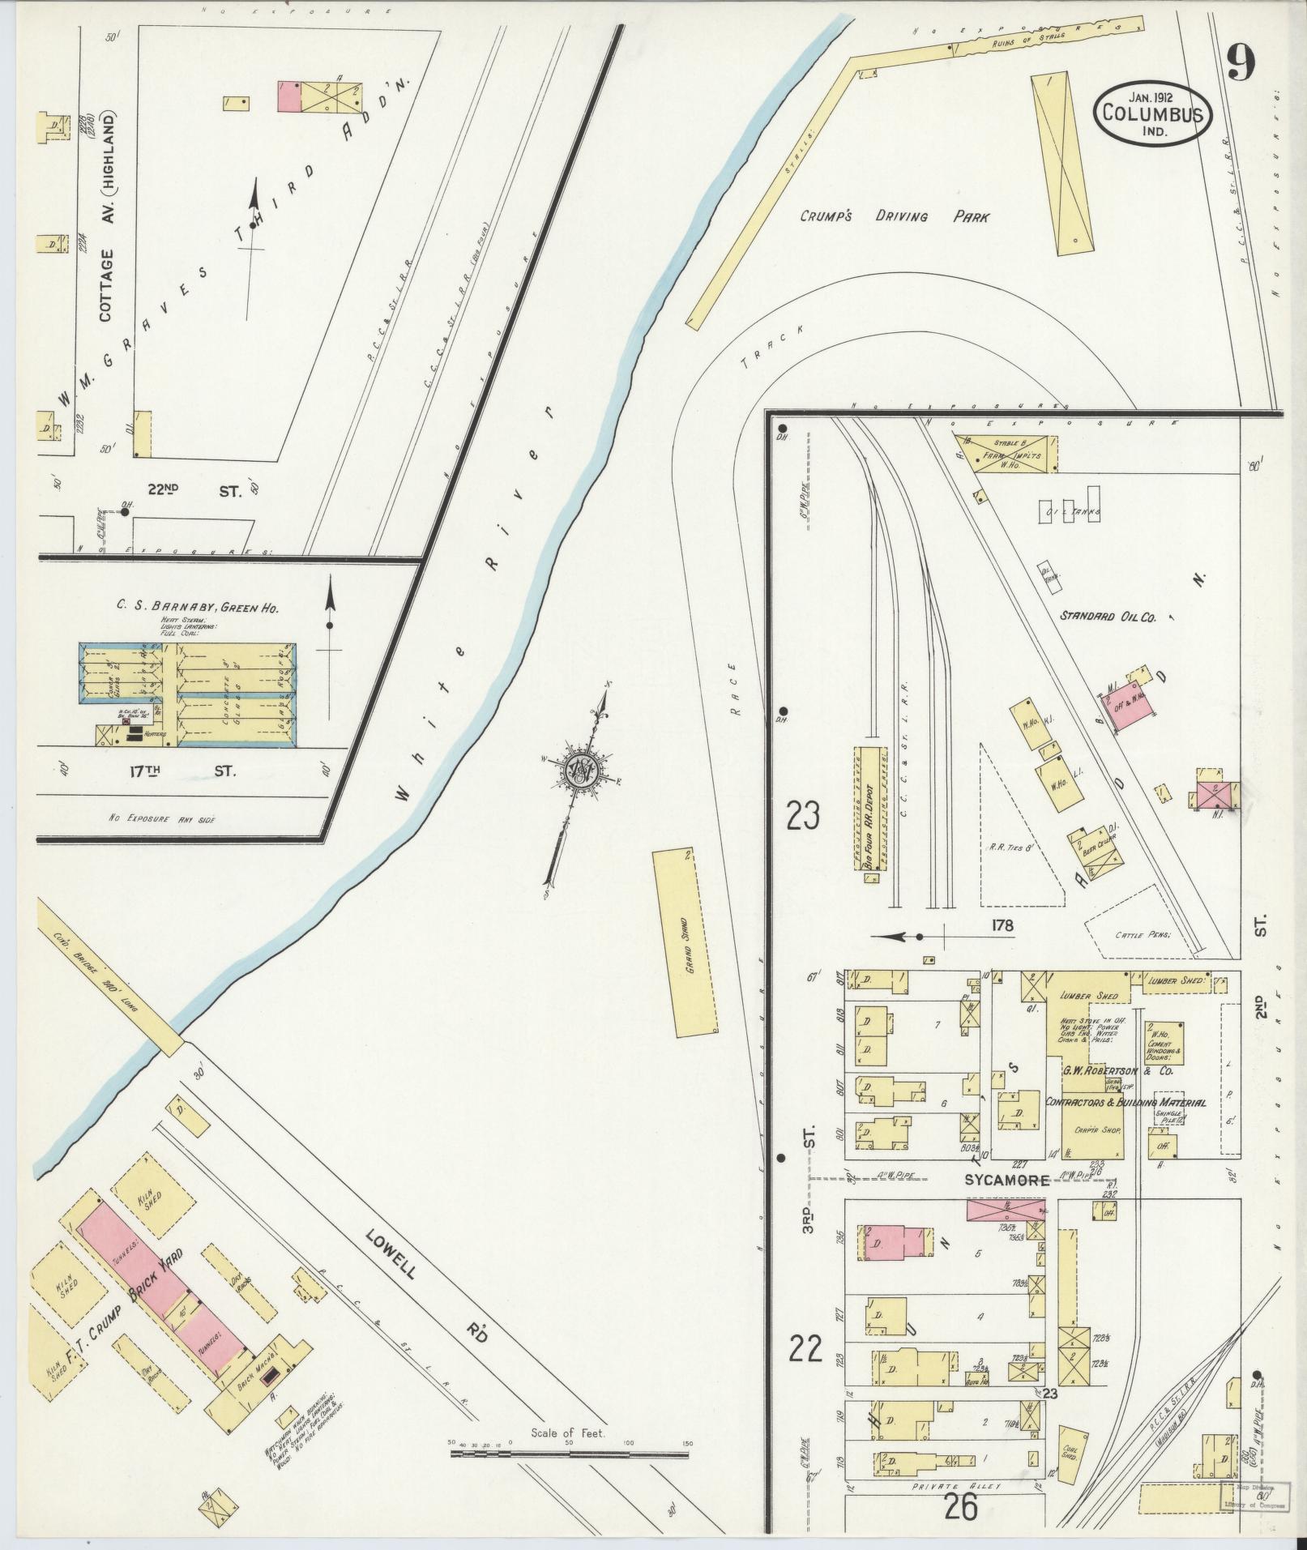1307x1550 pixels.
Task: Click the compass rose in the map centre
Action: (582, 770)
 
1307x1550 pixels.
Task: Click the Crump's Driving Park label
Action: (895, 217)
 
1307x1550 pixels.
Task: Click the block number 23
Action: (802, 816)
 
